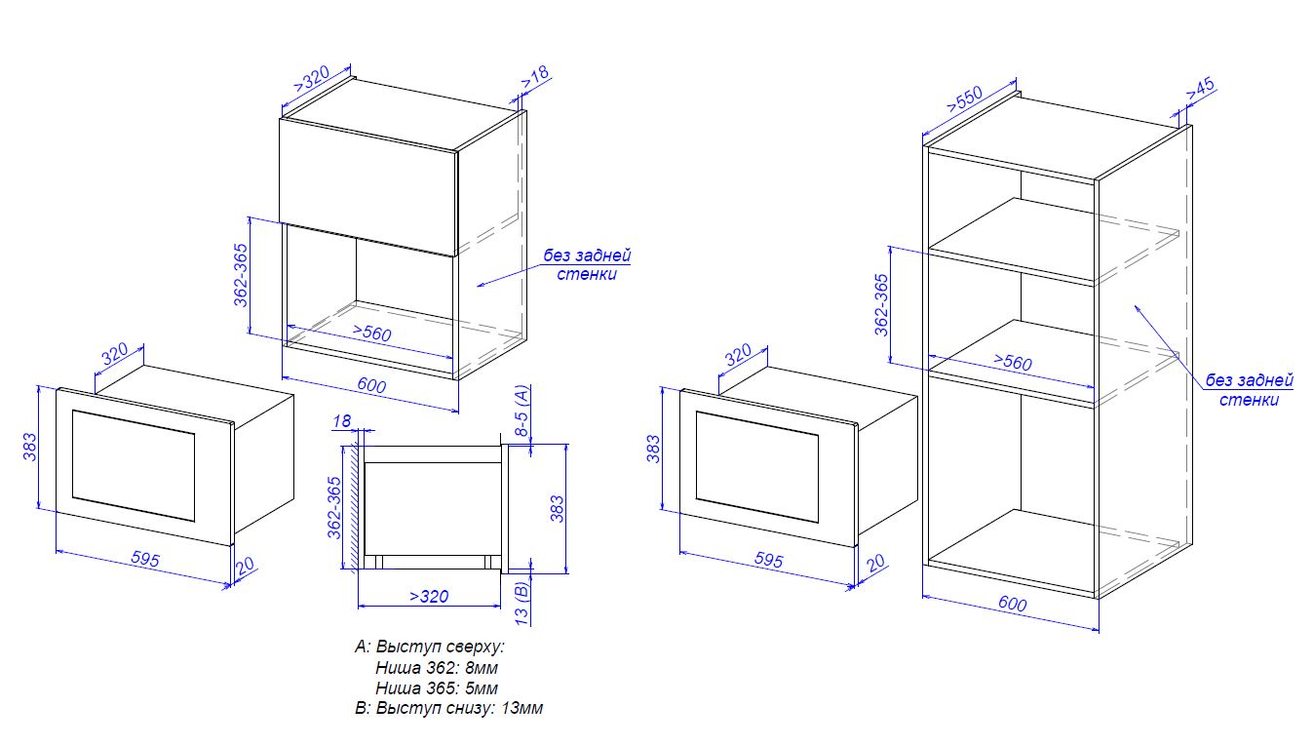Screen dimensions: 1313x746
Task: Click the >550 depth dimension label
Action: click(965, 98)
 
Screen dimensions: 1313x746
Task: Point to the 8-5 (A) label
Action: click(521, 410)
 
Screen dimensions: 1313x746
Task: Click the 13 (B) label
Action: click(521, 602)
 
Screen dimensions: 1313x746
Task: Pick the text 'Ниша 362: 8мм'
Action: click(436, 668)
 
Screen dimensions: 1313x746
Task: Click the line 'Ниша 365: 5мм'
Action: click(436, 687)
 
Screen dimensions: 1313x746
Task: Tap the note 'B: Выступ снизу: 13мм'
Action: click(448, 709)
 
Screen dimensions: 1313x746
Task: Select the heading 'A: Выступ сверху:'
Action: click(429, 647)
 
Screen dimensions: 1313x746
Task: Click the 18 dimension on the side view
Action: click(342, 421)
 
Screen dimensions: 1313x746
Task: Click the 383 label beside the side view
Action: click(557, 508)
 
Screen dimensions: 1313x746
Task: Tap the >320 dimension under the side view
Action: click(429, 597)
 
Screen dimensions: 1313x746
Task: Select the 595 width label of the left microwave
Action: click(145, 559)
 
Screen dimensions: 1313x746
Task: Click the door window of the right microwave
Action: click(756, 467)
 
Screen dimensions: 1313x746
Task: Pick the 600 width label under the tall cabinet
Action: click(1013, 603)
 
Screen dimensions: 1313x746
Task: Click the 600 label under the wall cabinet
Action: click(371, 385)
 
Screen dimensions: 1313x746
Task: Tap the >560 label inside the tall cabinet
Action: click(1013, 361)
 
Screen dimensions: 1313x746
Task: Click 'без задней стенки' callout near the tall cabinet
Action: click(1249, 390)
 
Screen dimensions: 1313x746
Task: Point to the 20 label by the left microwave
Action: click(245, 566)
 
